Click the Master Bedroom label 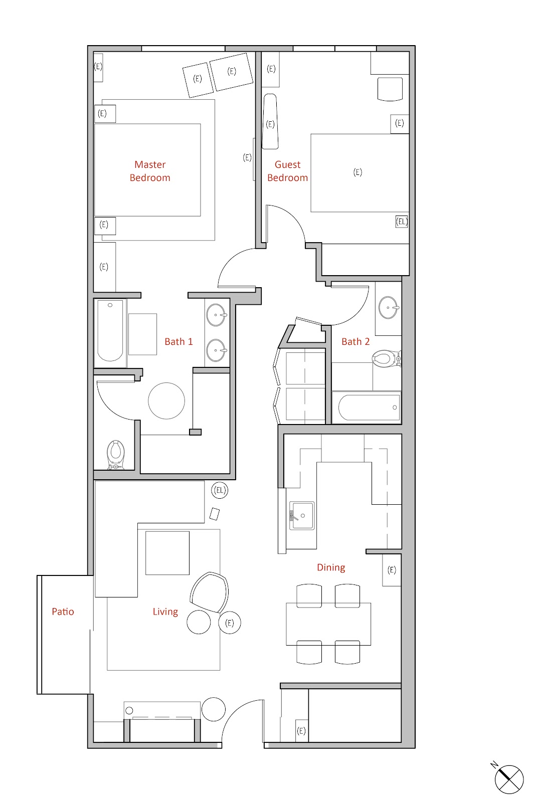click(x=150, y=171)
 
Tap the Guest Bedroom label click(x=287, y=171)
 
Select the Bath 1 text click(x=178, y=342)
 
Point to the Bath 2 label click(x=355, y=342)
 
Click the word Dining click(x=331, y=567)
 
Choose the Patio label click(x=63, y=612)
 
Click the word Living click(x=165, y=612)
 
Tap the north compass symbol click(x=508, y=779)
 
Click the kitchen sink click(x=302, y=516)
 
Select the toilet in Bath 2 click(x=385, y=358)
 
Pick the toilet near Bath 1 click(x=116, y=454)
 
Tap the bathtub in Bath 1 click(x=110, y=331)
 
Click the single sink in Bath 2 click(x=388, y=307)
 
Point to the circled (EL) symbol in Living click(x=220, y=490)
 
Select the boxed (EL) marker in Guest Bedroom click(x=402, y=221)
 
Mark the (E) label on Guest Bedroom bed click(x=357, y=172)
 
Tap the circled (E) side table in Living click(x=230, y=623)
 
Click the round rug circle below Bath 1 click(x=166, y=401)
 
